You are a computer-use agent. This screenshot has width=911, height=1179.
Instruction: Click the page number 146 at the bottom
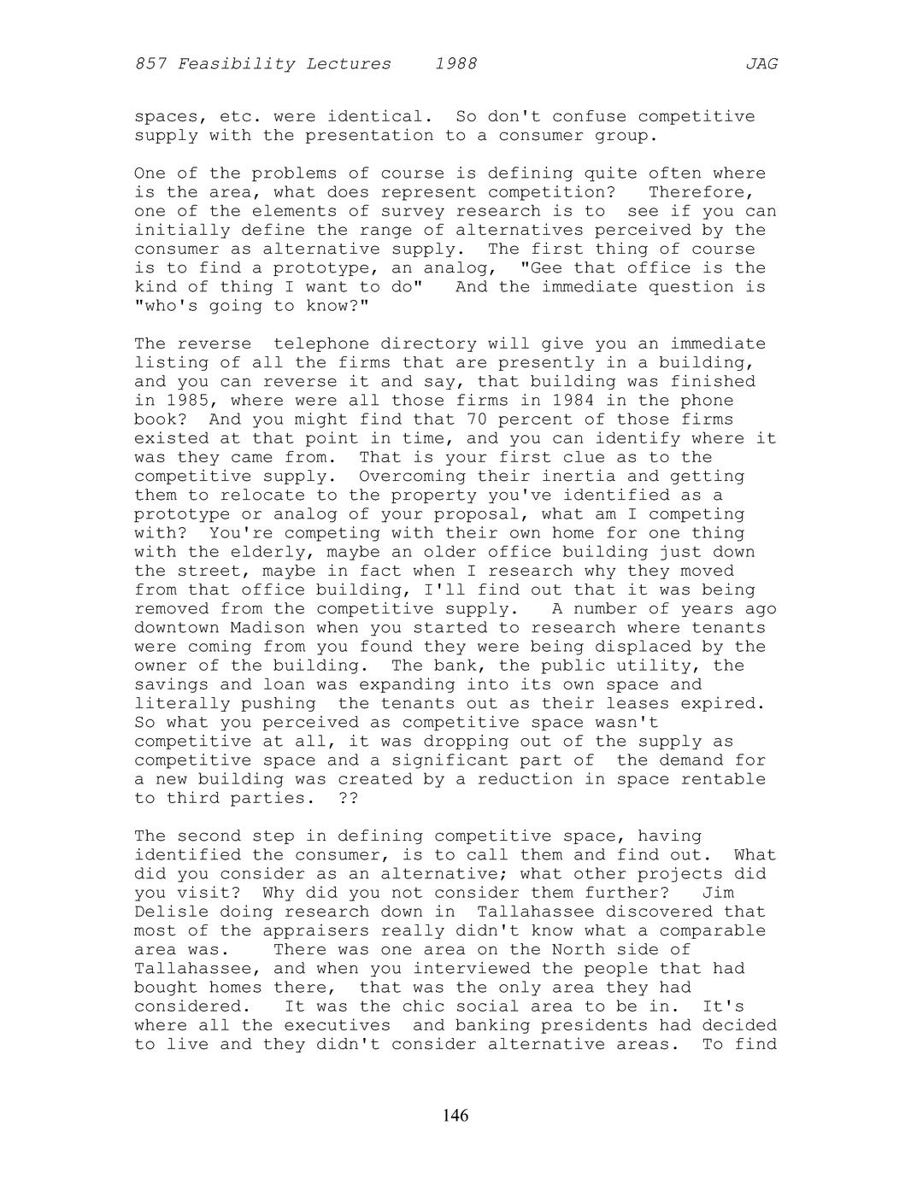click(x=455, y=1116)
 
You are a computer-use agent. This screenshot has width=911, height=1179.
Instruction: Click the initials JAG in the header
click(x=761, y=64)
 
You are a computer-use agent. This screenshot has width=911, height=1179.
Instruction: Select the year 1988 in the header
click(x=455, y=64)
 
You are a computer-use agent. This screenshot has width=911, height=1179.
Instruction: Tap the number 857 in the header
click(x=150, y=64)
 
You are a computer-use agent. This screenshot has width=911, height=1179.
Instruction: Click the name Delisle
click(x=166, y=912)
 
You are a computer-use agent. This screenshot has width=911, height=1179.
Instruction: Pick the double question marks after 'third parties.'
click(x=348, y=798)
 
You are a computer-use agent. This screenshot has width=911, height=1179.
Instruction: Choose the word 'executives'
click(x=338, y=1025)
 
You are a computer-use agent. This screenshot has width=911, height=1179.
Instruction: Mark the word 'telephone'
click(x=316, y=344)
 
